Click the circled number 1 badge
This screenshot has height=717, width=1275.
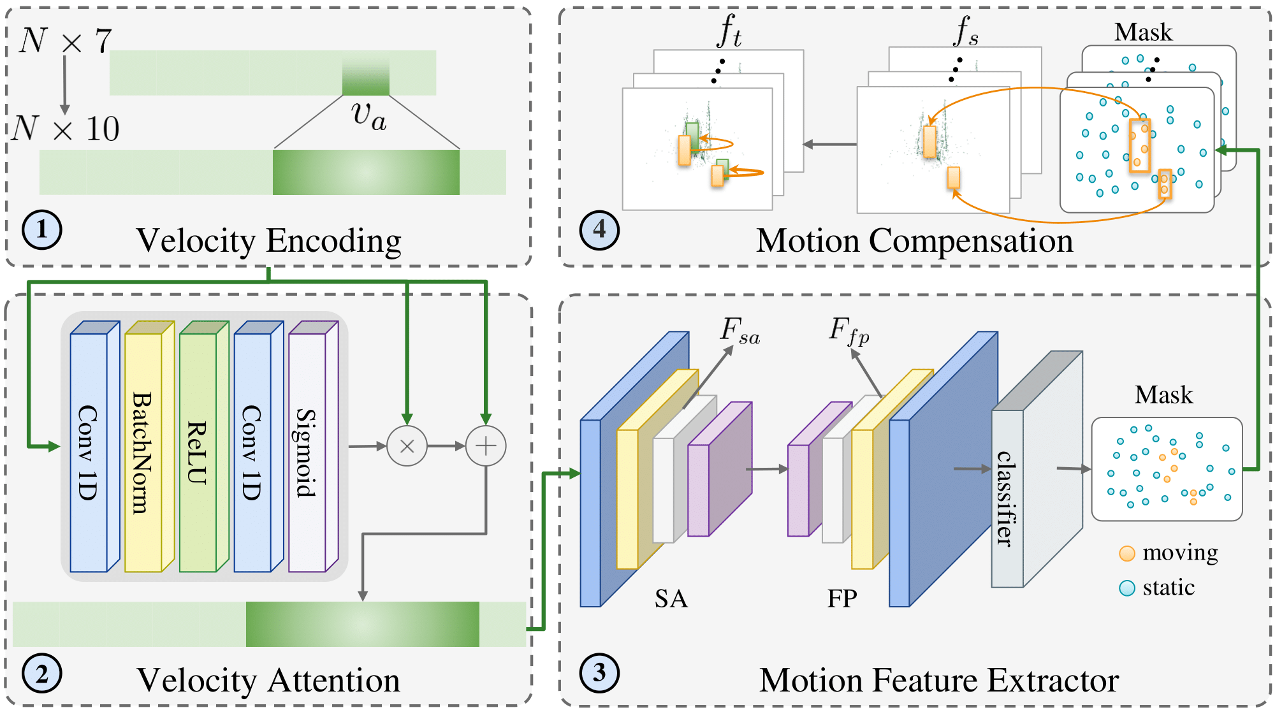pyautogui.click(x=41, y=229)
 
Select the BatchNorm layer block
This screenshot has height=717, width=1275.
pyautogui.click(x=143, y=452)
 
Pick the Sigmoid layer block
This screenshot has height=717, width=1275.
pyautogui.click(x=307, y=452)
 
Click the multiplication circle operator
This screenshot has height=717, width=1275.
pyautogui.click(x=407, y=446)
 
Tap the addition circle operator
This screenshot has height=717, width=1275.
pyautogui.click(x=486, y=446)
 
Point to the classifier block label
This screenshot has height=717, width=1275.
pyautogui.click(x=1006, y=498)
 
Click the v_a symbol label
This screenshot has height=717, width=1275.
pyautogui.click(x=368, y=116)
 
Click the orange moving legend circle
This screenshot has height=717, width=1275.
pyautogui.click(x=1126, y=553)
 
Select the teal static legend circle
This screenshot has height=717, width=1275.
pyautogui.click(x=1126, y=588)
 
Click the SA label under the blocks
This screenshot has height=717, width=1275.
pyautogui.click(x=671, y=598)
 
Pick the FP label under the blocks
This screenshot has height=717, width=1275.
pyautogui.click(x=841, y=598)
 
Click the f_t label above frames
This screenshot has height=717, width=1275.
pyautogui.click(x=729, y=31)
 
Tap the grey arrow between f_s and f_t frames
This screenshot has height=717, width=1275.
pyautogui.click(x=829, y=145)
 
